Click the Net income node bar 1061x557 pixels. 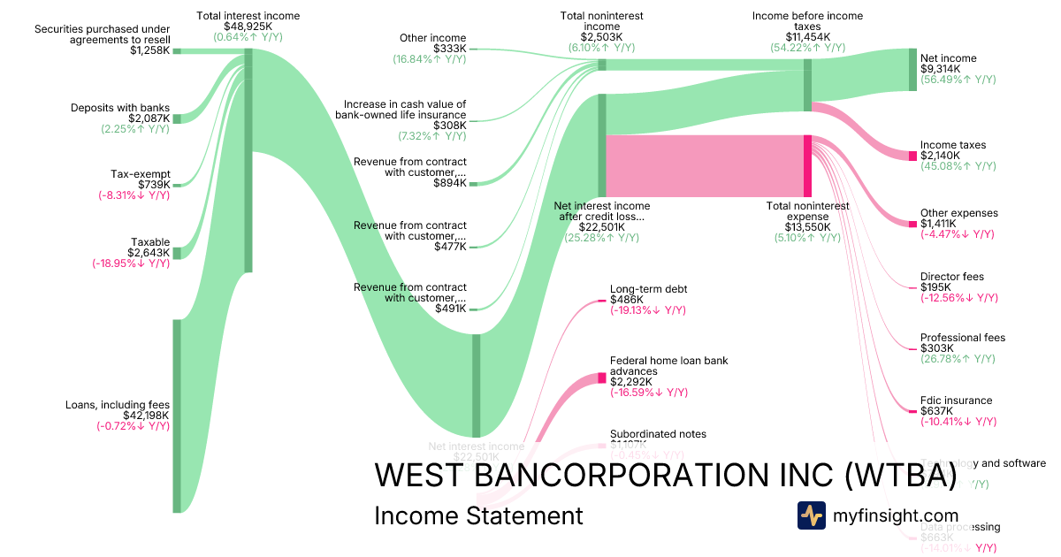(913, 70)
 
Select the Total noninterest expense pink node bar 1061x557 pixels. (807, 165)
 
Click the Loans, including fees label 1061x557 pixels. (118, 405)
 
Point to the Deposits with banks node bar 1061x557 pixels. (177, 118)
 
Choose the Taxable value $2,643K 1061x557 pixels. (149, 253)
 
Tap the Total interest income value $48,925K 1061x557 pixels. (248, 27)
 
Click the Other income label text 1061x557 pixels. (432, 37)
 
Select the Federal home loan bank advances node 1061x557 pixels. (602, 378)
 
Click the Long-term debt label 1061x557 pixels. (648, 289)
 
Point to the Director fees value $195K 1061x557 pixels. (935, 287)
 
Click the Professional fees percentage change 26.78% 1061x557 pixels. (957, 359)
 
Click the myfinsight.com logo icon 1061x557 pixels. (811, 515)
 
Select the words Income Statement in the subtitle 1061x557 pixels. (478, 515)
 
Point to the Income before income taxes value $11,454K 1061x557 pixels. (807, 37)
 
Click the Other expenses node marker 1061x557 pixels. (913, 224)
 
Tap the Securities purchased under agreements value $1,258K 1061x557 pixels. (149, 50)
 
